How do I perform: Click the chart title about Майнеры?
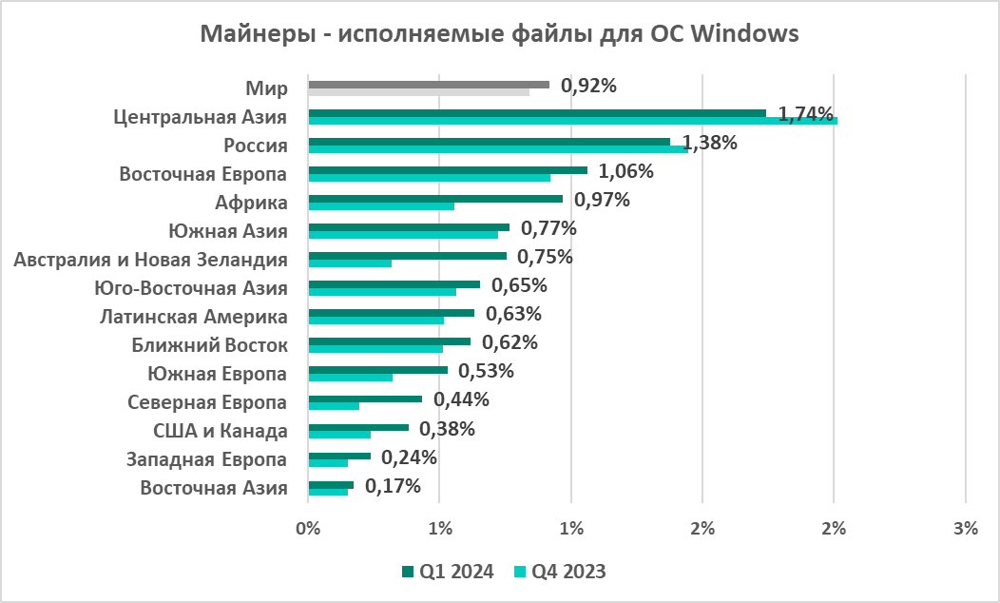499,35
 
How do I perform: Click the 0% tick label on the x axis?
308,530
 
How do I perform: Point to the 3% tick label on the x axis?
966,530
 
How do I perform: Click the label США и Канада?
221,431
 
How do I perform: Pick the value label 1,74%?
806,114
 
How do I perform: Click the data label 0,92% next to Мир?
589,86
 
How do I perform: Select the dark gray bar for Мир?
428,85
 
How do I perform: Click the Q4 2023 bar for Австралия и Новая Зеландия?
349,263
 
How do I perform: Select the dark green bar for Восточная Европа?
447,170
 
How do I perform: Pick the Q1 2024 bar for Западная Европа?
338,456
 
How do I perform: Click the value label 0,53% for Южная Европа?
486,371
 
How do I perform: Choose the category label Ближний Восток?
221,345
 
